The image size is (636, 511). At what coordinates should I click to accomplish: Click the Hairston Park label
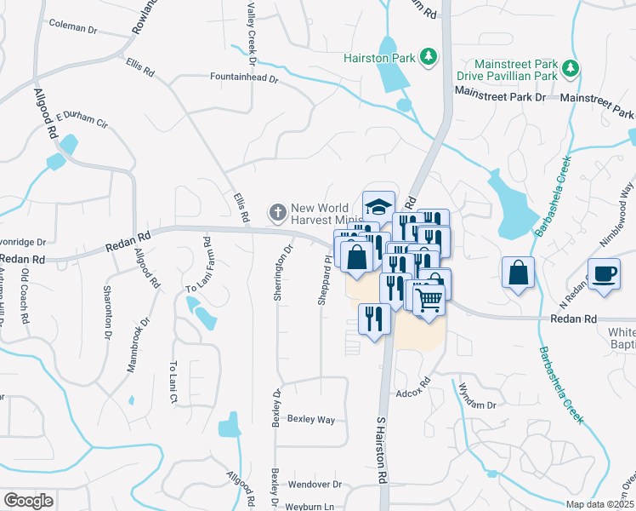pyautogui.click(x=379, y=58)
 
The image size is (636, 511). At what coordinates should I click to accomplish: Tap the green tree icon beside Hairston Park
pyautogui.click(x=430, y=57)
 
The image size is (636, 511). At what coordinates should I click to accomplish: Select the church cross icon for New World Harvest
pyautogui.click(x=276, y=211)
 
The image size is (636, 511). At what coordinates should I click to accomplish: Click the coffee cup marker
pyautogui.click(x=605, y=274)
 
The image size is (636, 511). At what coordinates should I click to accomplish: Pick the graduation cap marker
pyautogui.click(x=378, y=206)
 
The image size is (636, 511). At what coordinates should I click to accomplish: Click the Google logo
pyautogui.click(x=28, y=501)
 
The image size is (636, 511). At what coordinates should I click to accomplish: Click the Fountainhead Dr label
pyautogui.click(x=245, y=78)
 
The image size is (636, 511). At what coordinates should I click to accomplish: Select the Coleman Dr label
pyautogui.click(x=73, y=27)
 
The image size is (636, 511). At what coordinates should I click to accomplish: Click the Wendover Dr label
pyautogui.click(x=315, y=485)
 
